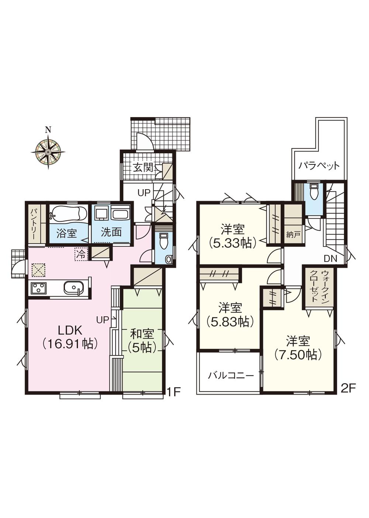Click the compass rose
(48, 151)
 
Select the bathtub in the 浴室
(69, 214)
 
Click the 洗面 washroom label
(111, 232)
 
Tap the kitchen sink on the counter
(74, 287)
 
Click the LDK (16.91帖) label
(69, 337)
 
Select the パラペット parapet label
(319, 166)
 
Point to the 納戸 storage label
(293, 235)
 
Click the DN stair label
(331, 259)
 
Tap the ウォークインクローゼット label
(319, 286)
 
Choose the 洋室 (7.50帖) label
(298, 347)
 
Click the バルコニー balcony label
(231, 376)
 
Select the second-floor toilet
(314, 192)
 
